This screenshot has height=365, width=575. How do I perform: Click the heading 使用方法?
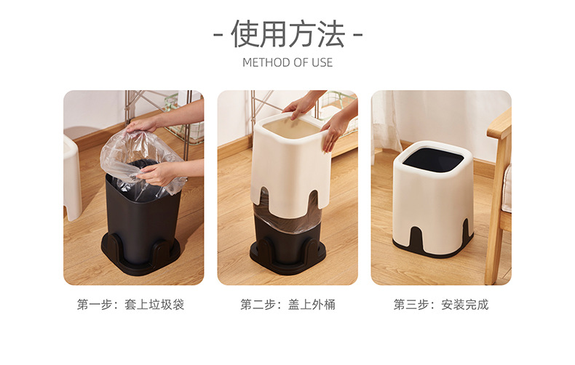pos(288,34)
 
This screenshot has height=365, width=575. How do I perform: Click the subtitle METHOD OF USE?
pos(287,63)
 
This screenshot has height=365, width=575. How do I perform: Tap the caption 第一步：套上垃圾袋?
pos(130,305)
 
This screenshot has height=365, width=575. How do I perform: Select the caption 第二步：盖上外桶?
pos(288,305)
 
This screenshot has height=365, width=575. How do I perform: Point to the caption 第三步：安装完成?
pos(441,305)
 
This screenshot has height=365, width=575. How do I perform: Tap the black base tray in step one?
pos(140,257)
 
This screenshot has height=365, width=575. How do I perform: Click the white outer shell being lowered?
pos(290,165)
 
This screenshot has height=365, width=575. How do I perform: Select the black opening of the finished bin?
pos(433,159)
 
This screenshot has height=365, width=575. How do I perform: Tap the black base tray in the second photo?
pos(287,257)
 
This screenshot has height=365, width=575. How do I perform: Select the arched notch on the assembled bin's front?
pos(417,239)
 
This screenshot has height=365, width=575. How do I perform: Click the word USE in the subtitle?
pos(322,63)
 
